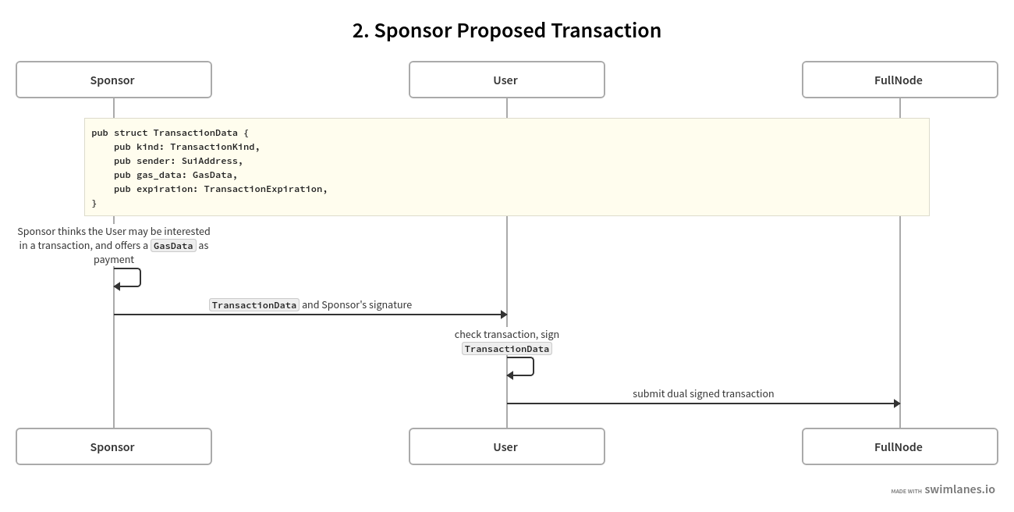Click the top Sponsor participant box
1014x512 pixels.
113,80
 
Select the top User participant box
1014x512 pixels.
506,80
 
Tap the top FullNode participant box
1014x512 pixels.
899,80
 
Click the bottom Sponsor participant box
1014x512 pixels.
113,446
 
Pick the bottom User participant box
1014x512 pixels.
506,446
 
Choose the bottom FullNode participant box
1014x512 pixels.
899,446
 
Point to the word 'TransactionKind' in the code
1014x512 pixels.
214,147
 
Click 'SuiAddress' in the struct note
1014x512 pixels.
212,161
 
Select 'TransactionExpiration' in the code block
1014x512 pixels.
265,189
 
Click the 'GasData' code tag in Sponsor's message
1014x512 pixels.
173,246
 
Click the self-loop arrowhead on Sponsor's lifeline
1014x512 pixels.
117,286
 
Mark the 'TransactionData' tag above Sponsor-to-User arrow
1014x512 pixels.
254,305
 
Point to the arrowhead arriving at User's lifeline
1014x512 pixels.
504,315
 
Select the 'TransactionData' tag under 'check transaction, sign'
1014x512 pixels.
507,349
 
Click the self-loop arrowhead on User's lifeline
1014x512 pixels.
510,375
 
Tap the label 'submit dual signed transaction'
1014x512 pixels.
703,393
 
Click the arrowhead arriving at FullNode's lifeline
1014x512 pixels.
897,404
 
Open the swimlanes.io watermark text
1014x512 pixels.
959,489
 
